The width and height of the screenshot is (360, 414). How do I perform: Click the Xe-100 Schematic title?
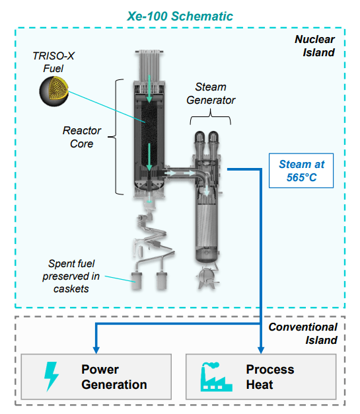(180, 16)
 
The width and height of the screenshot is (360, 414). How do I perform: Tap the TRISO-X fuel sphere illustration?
(54, 91)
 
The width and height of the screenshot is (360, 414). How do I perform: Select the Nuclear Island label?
(315, 46)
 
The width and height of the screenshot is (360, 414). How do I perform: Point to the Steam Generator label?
(211, 93)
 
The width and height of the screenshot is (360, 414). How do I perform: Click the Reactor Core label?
(82, 137)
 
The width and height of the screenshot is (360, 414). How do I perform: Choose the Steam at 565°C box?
(301, 171)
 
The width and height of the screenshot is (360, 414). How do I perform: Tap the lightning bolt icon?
(51, 376)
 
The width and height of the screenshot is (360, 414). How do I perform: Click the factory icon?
(216, 377)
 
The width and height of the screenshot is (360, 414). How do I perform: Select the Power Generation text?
(114, 377)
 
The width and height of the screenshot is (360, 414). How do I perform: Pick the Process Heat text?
(270, 377)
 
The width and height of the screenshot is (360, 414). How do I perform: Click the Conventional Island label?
(303, 333)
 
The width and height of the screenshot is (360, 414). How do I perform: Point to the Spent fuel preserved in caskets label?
(71, 276)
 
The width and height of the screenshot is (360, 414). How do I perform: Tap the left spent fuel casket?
(137, 280)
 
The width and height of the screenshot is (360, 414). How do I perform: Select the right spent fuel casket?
(161, 280)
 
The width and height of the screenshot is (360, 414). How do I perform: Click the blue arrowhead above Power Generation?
(96, 350)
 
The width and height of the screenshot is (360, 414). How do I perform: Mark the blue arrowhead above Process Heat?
(261, 350)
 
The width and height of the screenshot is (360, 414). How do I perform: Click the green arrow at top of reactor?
(149, 89)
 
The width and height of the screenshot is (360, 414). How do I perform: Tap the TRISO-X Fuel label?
(54, 62)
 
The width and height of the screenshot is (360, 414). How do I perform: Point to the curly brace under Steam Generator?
(211, 117)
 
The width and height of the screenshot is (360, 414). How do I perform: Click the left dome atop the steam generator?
(199, 140)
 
